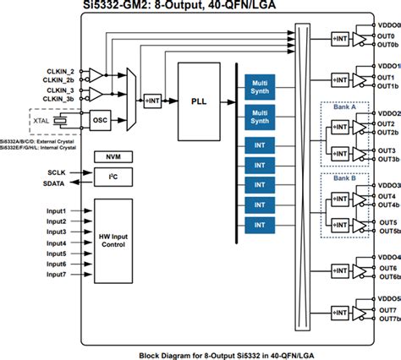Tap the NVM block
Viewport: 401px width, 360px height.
107,158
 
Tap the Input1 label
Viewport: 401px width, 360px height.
57,210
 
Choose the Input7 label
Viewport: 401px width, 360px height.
57,275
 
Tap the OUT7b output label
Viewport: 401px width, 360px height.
387,319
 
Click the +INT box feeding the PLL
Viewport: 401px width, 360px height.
153,101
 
